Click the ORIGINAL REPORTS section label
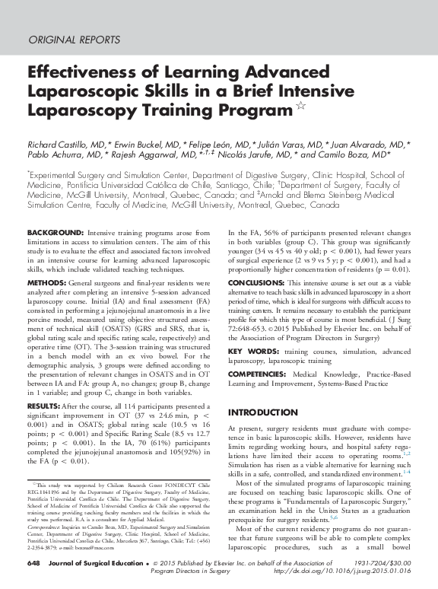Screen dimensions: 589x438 pos(74,40)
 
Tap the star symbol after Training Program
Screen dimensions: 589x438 pos(301,107)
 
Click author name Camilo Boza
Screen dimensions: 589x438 pos(344,155)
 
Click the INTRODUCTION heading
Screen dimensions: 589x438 pos(266,412)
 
